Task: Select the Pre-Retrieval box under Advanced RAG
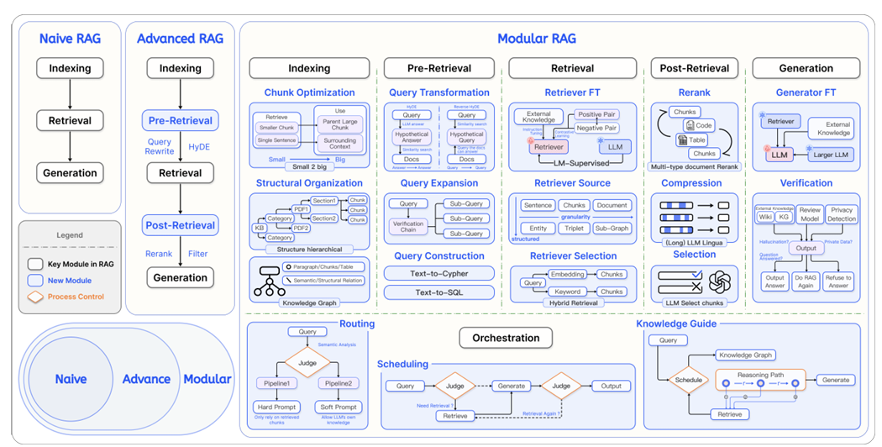(180, 120)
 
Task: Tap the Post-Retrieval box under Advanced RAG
(180, 224)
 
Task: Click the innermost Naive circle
(71, 379)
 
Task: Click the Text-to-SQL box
(436, 292)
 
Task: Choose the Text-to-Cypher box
(436, 273)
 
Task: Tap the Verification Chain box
(411, 225)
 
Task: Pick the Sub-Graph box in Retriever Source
(612, 228)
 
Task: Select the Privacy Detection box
(841, 214)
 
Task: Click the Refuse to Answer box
(837, 281)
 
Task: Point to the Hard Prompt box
(277, 407)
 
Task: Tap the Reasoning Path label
(760, 374)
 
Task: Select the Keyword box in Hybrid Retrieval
(568, 292)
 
